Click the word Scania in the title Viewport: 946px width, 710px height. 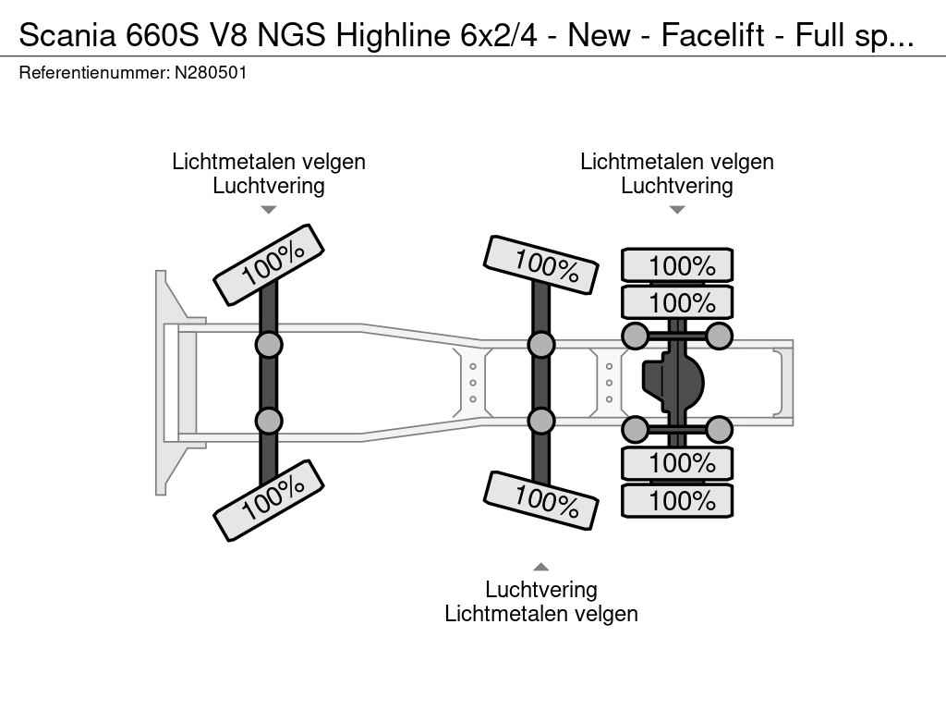point(67,35)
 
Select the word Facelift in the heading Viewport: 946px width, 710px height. point(713,35)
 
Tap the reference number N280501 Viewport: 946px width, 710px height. point(211,73)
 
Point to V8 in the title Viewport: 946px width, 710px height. point(227,35)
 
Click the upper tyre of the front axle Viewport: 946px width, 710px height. point(269,265)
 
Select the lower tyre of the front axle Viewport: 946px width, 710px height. point(269,500)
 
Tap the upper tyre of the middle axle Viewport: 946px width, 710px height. point(541,265)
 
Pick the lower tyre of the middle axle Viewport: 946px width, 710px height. point(541,500)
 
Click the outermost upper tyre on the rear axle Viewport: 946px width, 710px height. point(677,265)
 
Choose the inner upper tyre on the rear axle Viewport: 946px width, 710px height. point(677,302)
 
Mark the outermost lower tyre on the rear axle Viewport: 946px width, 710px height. point(677,500)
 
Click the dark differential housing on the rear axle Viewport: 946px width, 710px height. point(673,383)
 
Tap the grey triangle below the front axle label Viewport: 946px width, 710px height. point(269,210)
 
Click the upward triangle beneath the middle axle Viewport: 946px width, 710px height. point(541,567)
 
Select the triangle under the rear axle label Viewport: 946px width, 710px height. point(677,210)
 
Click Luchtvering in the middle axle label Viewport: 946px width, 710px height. point(541,590)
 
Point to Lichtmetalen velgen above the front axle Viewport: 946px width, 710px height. point(269,162)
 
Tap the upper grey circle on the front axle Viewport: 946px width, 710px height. point(269,346)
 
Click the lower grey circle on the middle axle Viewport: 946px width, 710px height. point(541,421)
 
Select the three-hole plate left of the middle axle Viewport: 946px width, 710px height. point(473,383)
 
